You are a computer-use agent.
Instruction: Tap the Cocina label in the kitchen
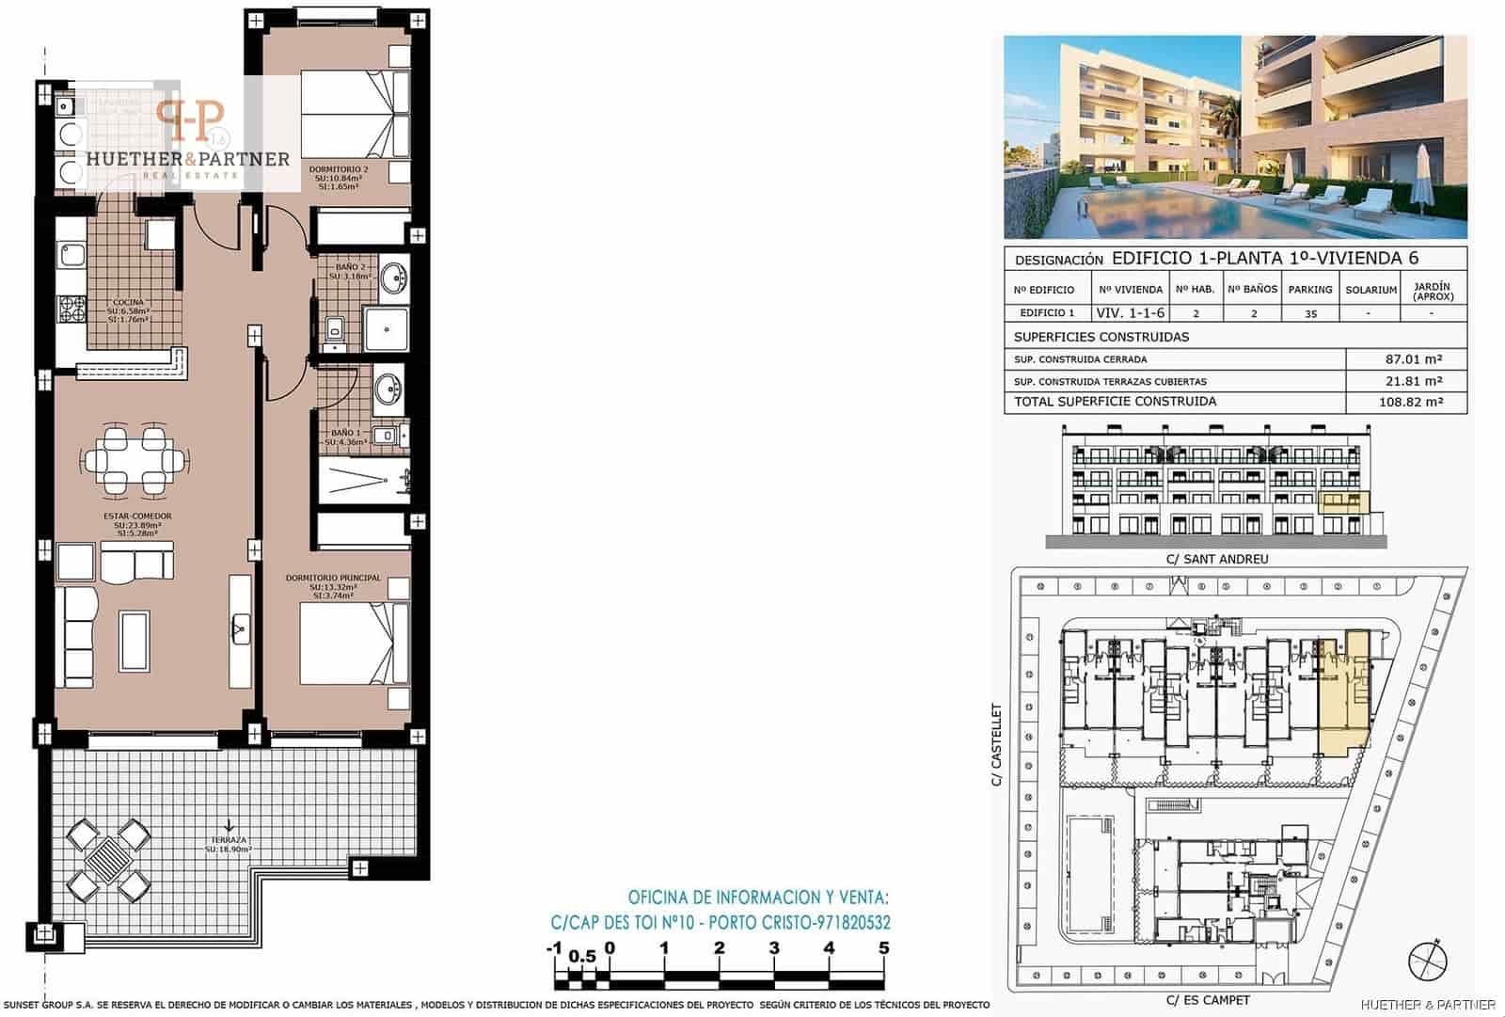coord(128,303)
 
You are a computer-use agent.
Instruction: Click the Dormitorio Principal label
coord(333,578)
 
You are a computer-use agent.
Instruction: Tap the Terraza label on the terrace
coord(230,839)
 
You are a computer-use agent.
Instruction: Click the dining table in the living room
coord(134,460)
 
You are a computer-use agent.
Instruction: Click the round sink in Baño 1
coord(388,387)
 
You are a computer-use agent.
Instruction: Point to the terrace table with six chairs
coord(110,860)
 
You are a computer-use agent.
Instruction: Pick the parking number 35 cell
coord(1310,314)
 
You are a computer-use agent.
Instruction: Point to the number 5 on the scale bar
coord(883,948)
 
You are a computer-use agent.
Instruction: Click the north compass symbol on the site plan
coord(1427,961)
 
